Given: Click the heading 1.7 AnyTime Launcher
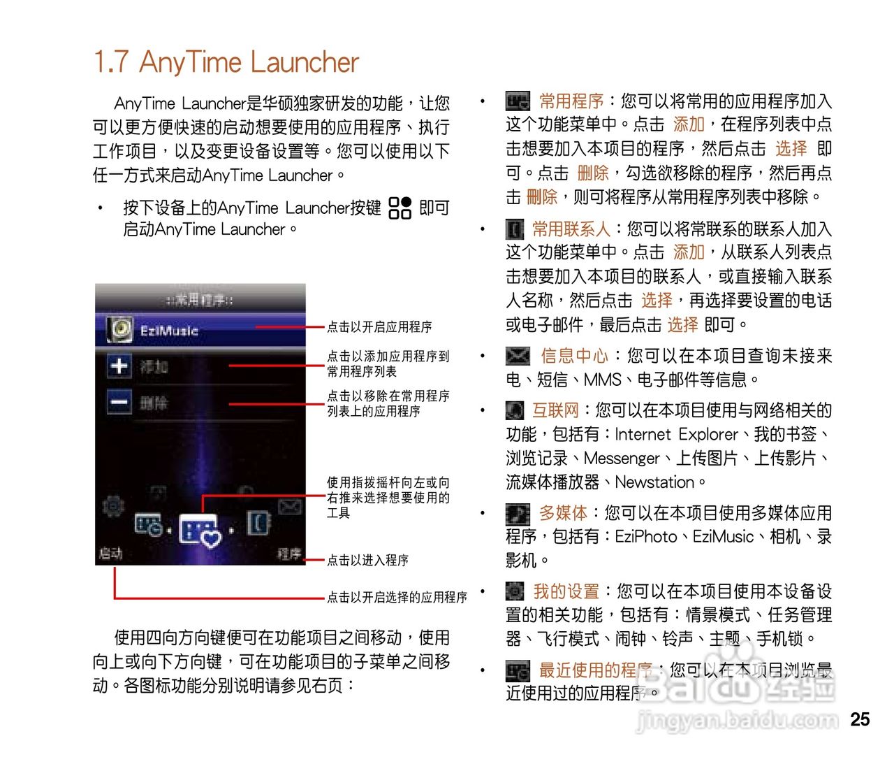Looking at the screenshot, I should pyautogui.click(x=226, y=62).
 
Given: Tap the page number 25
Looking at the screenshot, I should pyautogui.click(x=860, y=719).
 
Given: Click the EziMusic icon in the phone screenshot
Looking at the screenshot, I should pyautogui.click(x=120, y=330).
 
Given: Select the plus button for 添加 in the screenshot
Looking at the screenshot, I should pyautogui.click(x=119, y=366).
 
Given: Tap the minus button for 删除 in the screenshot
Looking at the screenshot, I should pyautogui.click(x=119, y=402).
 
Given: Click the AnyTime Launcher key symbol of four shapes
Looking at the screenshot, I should pyautogui.click(x=400, y=208).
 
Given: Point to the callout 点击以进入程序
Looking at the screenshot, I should pyautogui.click(x=367, y=560).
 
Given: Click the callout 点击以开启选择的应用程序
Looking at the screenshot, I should pyautogui.click(x=397, y=597).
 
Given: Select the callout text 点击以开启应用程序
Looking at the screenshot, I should pyautogui.click(x=379, y=326).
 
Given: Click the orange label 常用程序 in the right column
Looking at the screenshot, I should pyautogui.click(x=571, y=101).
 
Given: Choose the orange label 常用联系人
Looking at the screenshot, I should pyautogui.click(x=571, y=229).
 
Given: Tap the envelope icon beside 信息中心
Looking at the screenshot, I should pyautogui.click(x=518, y=356).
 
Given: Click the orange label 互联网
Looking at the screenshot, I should pyautogui.click(x=555, y=410).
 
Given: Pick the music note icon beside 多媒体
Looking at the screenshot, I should pyautogui.click(x=518, y=514).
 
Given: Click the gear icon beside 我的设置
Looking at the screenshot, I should pyautogui.click(x=515, y=591).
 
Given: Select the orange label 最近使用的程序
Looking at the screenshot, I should pyautogui.click(x=595, y=670).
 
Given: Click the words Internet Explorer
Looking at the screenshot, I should pyautogui.click(x=675, y=434).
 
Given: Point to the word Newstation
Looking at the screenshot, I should pyautogui.click(x=654, y=482).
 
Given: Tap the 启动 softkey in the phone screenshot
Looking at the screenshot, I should pyautogui.click(x=111, y=553).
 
